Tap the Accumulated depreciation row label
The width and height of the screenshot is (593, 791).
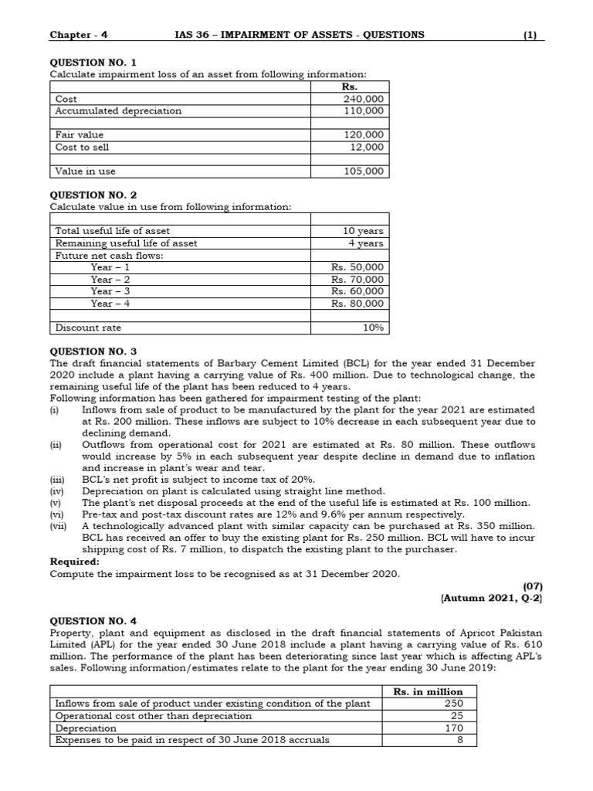tap(118, 110)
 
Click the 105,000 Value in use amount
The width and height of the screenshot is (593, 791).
tap(363, 171)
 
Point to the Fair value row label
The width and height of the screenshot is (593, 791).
tap(80, 134)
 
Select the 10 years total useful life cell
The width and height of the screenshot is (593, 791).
tap(363, 231)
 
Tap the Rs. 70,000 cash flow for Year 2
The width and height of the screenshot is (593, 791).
tap(357, 280)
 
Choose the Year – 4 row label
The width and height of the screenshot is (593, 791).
tap(110, 304)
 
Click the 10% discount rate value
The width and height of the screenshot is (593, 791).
tap(373, 328)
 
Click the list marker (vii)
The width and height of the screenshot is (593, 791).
tap(59, 526)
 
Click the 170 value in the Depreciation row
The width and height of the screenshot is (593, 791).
tap(452, 728)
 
